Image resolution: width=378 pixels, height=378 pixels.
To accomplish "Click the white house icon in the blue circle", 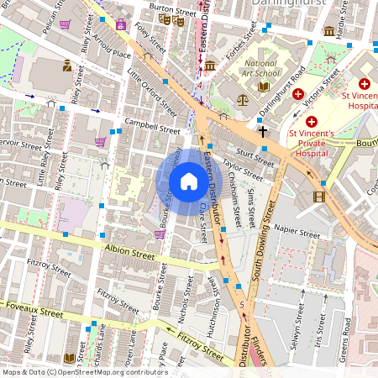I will coord(189,181).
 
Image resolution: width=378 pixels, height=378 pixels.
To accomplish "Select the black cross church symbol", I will coord(262,131).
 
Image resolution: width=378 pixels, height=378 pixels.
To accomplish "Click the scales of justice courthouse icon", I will coord(243,98).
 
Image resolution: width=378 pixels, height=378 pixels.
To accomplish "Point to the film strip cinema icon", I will coord(318,197).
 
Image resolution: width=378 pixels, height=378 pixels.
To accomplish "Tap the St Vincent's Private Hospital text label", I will coord(312,143).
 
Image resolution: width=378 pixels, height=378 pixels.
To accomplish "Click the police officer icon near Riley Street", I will coord(66,66).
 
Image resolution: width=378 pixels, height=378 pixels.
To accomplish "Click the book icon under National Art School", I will coord(264,86).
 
